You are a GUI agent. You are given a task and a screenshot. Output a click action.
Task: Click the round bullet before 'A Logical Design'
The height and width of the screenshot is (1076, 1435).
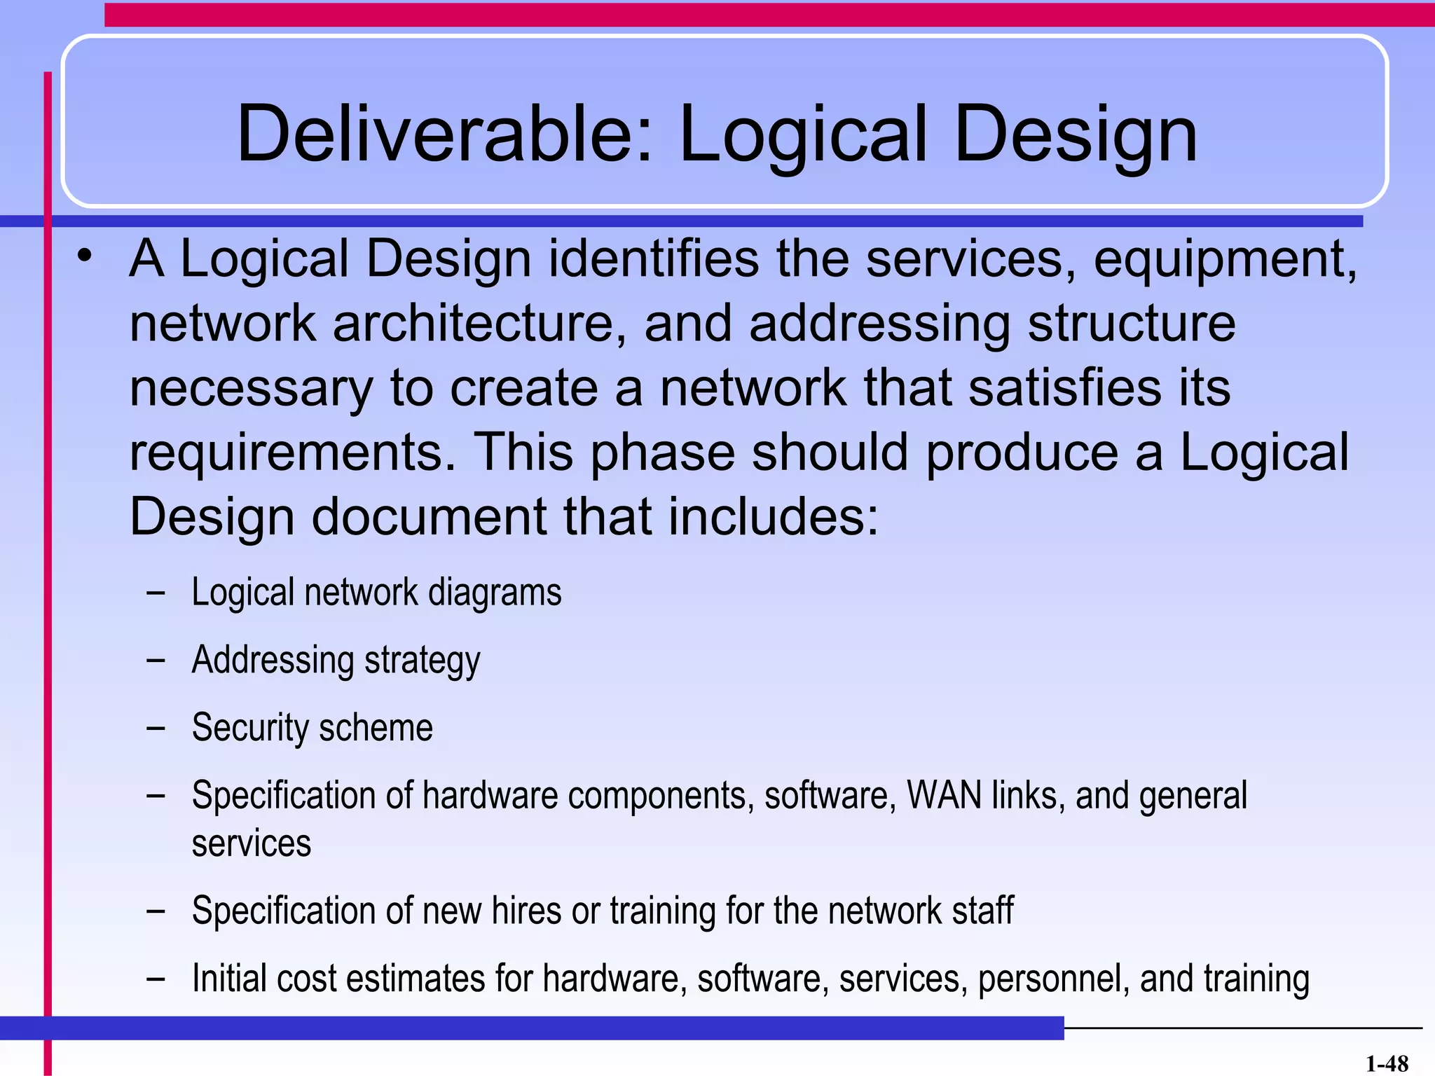(x=85, y=256)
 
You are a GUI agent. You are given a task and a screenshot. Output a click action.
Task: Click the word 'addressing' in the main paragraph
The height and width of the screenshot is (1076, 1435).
(x=879, y=325)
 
